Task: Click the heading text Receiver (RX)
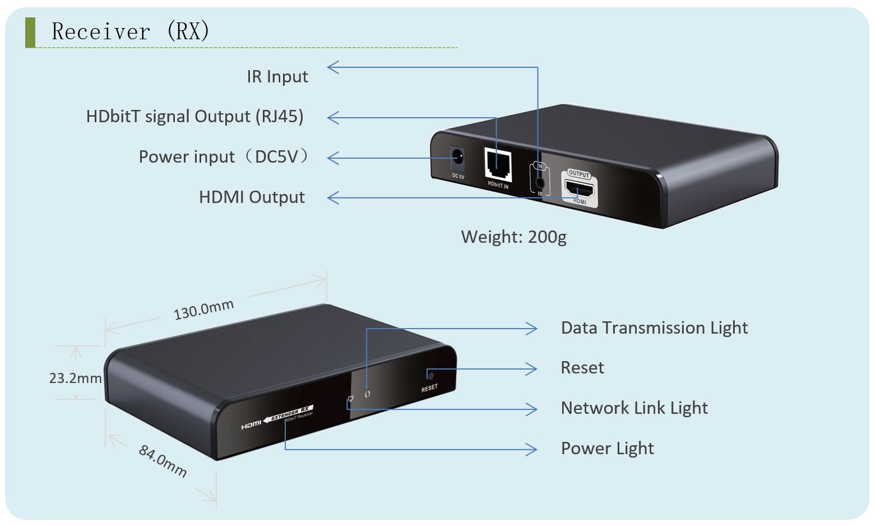point(130,31)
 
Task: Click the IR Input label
point(277,77)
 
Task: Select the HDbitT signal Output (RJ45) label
point(194,117)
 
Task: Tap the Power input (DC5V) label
point(224,157)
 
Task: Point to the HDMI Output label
point(252,197)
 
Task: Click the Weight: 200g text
point(513,237)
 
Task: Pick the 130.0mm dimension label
point(203,310)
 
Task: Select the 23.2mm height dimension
point(75,379)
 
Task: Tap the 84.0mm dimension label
point(163,460)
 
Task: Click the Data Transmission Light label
point(654,328)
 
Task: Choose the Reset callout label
point(582,368)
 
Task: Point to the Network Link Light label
point(634,408)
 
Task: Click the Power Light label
point(607,449)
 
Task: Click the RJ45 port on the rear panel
point(498,164)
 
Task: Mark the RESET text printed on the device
point(429,387)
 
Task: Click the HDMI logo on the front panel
point(251,425)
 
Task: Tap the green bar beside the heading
point(30,32)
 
